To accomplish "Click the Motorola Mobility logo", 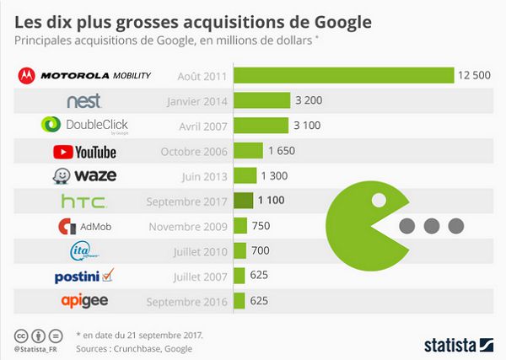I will [84, 76].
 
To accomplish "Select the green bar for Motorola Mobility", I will [344, 76].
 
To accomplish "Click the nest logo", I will [84, 101].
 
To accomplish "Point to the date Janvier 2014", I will [193, 101].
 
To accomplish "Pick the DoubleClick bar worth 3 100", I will [261, 126].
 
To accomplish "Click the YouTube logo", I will [84, 152].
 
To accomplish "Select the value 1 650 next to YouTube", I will [282, 151].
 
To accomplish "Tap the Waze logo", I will [84, 176].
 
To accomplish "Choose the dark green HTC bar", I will [244, 201].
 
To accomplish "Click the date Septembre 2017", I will [187, 201].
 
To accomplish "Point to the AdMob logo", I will [84, 227].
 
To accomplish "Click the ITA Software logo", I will [84, 251].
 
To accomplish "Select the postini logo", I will [84, 276].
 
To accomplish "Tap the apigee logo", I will [84, 301].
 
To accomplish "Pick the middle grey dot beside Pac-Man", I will [432, 226].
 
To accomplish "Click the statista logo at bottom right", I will [451, 344].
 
